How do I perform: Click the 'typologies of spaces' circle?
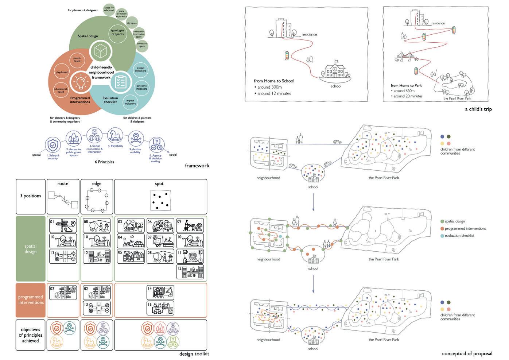[117, 32]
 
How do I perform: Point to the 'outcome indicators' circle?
[141, 87]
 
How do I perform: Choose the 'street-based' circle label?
[77, 59]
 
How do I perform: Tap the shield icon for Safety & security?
[53, 145]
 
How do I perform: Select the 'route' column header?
[63, 183]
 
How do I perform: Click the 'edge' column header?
[97, 183]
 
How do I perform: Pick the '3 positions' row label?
[30, 196]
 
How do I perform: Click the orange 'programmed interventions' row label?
[31, 300]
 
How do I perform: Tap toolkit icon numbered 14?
[160, 293]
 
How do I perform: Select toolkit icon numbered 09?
[190, 226]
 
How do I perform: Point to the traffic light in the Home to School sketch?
[287, 55]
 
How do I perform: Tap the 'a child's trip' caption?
[478, 109]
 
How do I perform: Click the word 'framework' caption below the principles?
[197, 166]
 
